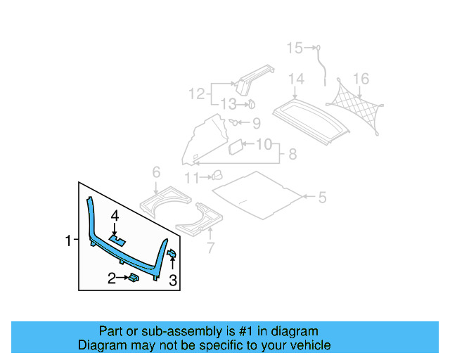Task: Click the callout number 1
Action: click(x=68, y=240)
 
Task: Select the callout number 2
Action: click(x=111, y=279)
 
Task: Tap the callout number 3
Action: click(x=172, y=282)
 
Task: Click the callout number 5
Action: click(x=322, y=198)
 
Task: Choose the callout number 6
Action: click(x=156, y=172)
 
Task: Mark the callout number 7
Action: click(x=209, y=247)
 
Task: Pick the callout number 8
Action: click(x=292, y=154)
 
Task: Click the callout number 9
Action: click(x=256, y=124)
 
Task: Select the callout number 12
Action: click(x=195, y=93)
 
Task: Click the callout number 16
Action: click(x=360, y=78)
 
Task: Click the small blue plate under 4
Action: click(x=117, y=240)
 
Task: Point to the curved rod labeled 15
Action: click(x=322, y=63)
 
